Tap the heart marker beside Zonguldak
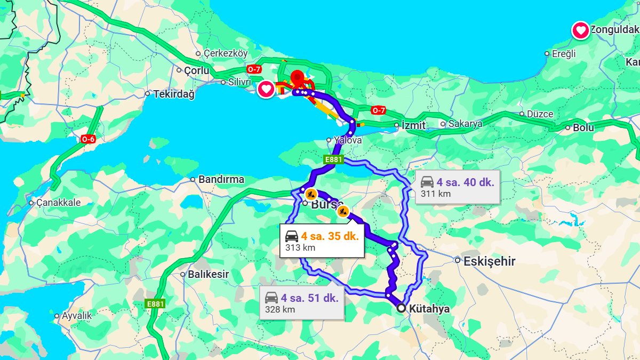click(580, 30)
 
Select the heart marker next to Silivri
click(266, 89)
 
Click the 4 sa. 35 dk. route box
click(322, 241)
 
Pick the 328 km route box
click(302, 303)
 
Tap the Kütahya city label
click(429, 309)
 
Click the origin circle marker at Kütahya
click(401, 308)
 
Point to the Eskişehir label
click(489, 261)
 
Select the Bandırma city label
click(221, 180)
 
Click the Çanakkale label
click(59, 203)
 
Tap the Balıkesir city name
click(208, 275)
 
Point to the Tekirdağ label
click(173, 94)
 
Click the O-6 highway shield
click(88, 139)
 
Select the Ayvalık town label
click(76, 316)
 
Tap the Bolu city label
click(583, 127)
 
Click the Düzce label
click(540, 114)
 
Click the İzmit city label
click(414, 126)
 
